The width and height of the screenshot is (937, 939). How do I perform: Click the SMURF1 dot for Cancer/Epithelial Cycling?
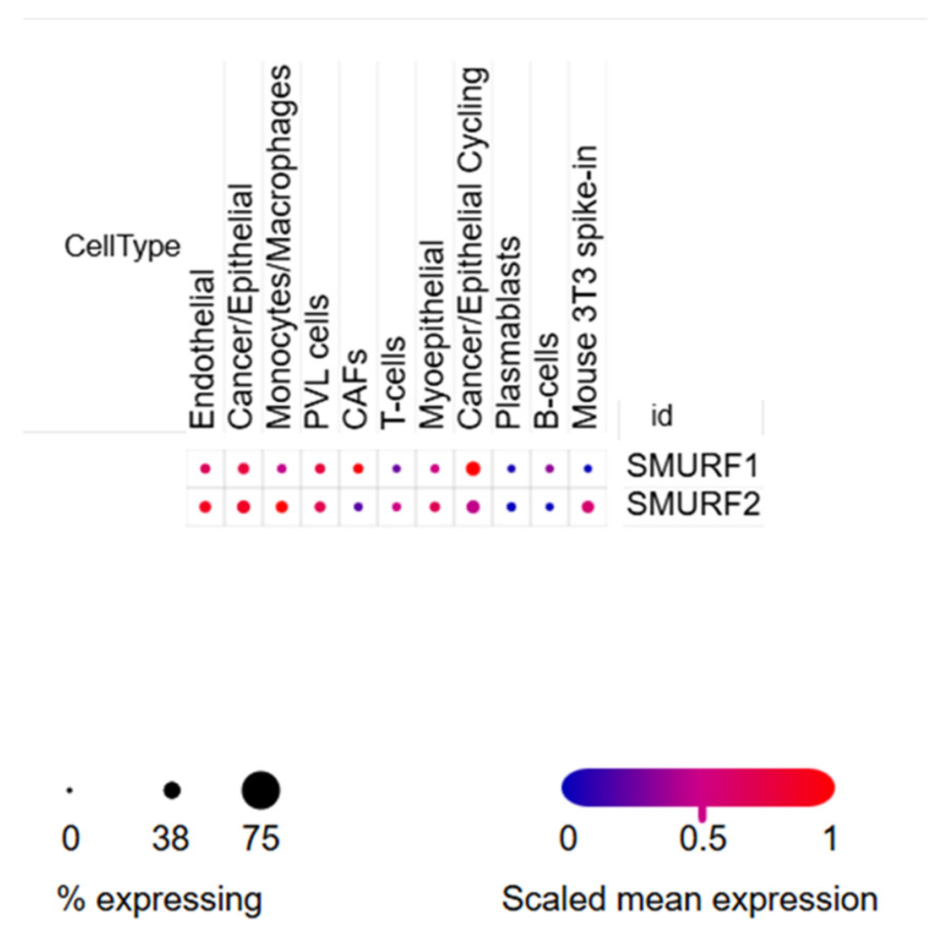(x=473, y=469)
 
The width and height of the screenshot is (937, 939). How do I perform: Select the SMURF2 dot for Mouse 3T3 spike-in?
(x=587, y=507)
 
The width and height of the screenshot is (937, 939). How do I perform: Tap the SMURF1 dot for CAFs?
(x=358, y=469)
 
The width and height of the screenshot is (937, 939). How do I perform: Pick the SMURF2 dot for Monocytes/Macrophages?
(x=282, y=507)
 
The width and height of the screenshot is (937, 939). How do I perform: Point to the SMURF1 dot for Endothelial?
(x=205, y=469)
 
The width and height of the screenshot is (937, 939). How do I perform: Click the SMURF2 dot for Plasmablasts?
(x=511, y=507)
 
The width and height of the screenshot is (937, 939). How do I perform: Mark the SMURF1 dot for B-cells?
(x=549, y=469)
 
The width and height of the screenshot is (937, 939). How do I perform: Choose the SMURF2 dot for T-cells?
(x=396, y=507)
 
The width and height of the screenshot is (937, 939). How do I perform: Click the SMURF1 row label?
(x=693, y=466)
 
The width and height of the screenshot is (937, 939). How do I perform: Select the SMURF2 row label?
(x=693, y=504)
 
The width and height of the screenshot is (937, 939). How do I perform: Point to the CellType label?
(x=122, y=246)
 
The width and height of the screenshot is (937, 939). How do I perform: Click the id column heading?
(x=661, y=416)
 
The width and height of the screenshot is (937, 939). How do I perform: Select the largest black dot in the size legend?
(x=261, y=790)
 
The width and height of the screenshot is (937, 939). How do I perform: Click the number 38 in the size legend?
(x=171, y=839)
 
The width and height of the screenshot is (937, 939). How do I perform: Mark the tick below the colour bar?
(x=702, y=814)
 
